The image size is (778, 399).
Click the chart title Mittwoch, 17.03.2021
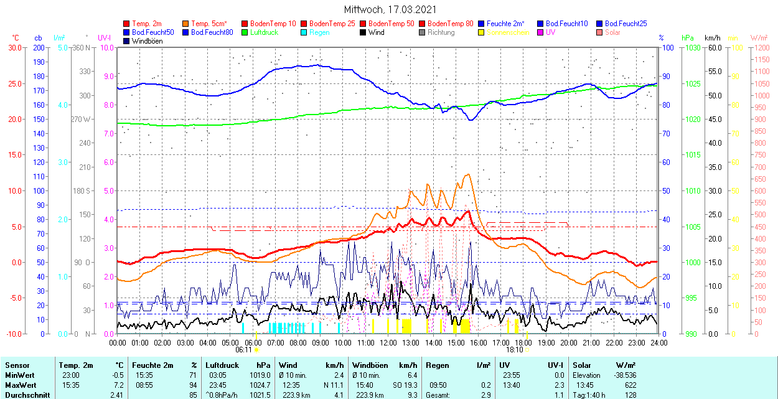(390, 10)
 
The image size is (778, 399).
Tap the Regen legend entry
(319, 32)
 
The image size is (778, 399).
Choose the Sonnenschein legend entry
(508, 32)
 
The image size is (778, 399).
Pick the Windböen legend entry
(148, 41)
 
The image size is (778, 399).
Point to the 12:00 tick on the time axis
(388, 342)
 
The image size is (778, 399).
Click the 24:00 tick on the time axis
(658, 342)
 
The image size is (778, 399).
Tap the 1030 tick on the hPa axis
(690, 47)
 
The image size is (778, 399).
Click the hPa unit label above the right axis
(688, 38)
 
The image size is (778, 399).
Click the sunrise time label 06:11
(244, 350)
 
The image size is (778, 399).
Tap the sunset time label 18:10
(514, 350)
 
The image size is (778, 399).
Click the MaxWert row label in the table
(20, 385)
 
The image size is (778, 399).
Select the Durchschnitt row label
(25, 395)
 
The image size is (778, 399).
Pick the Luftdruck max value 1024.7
(258, 385)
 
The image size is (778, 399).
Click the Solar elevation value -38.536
(622, 375)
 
